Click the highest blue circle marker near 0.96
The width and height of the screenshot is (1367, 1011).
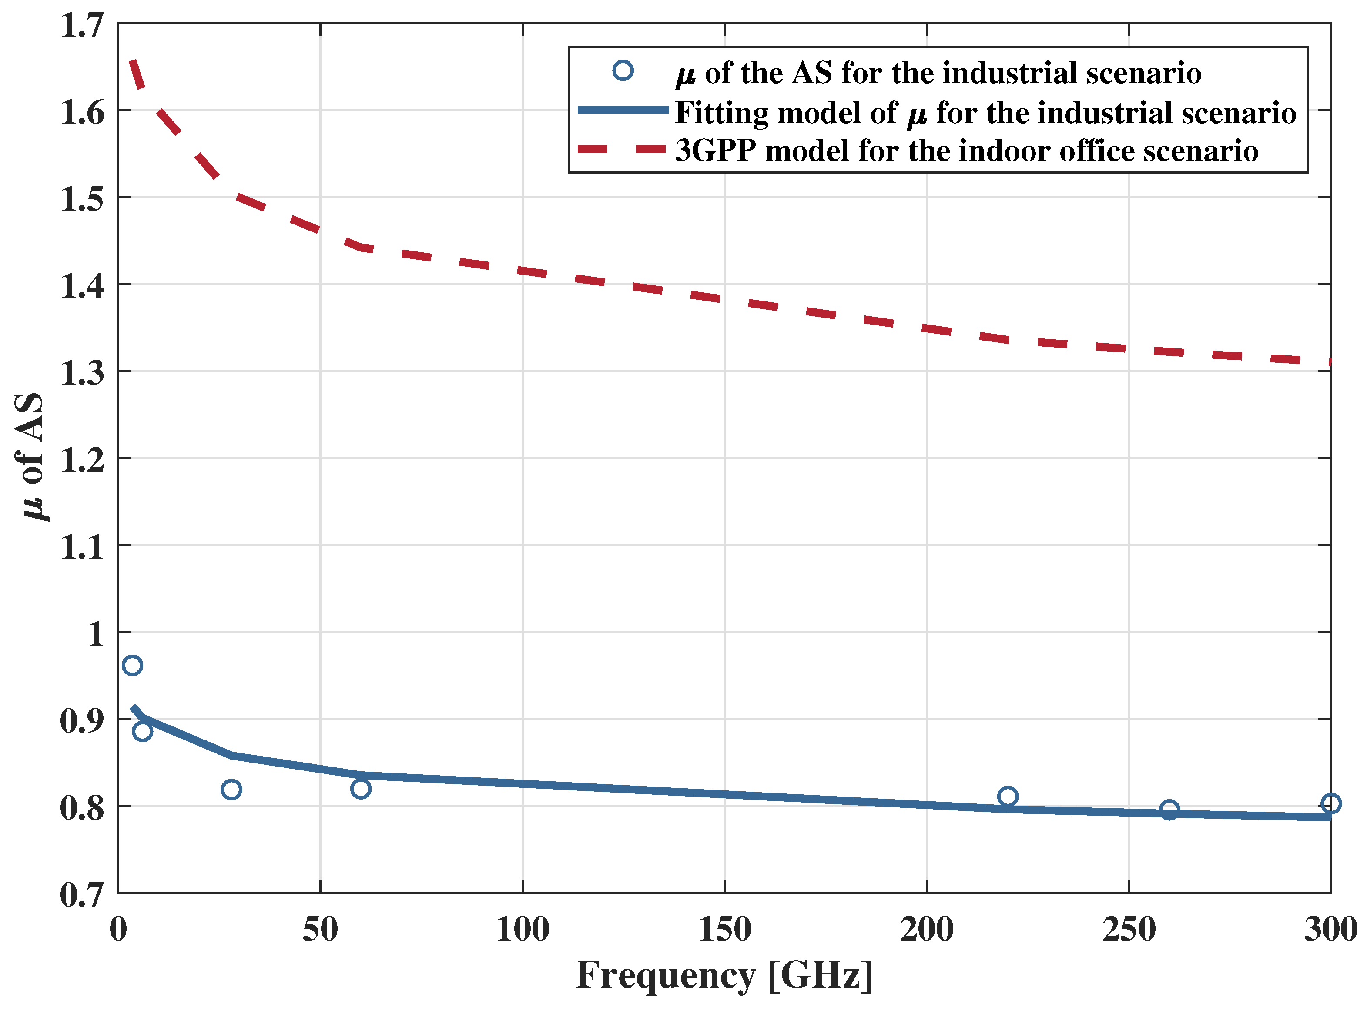pyautogui.click(x=132, y=665)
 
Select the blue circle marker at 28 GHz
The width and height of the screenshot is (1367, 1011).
pyautogui.click(x=231, y=790)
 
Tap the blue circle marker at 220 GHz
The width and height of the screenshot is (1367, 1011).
pyautogui.click(x=1007, y=796)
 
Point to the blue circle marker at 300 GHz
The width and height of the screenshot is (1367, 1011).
pyautogui.click(x=1331, y=803)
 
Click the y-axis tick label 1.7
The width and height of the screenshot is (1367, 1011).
pyautogui.click(x=81, y=26)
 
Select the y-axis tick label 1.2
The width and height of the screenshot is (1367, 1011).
pyautogui.click(x=81, y=459)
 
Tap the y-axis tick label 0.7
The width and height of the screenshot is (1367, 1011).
pyautogui.click(x=81, y=895)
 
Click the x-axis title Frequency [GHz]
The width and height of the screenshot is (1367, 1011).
pyautogui.click(x=724, y=975)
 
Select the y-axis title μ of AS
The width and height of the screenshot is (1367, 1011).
pyautogui.click(x=30, y=456)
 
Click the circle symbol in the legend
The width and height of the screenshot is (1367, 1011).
pyautogui.click(x=623, y=70)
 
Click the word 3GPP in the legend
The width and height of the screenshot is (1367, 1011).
pyautogui.click(x=715, y=151)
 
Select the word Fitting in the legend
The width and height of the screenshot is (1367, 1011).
pyautogui.click(x=721, y=113)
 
